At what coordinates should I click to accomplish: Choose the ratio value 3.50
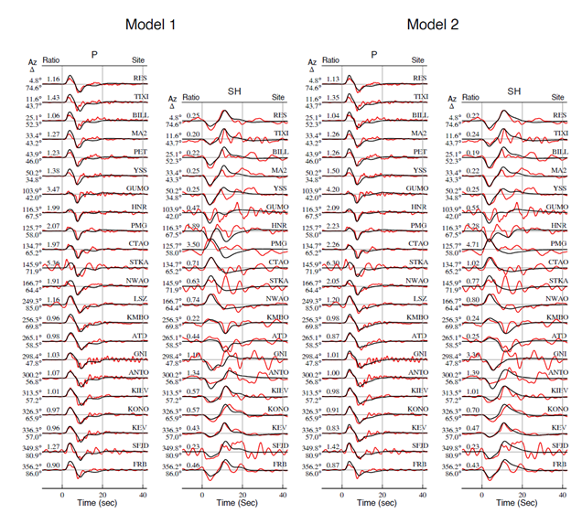tap(190, 245)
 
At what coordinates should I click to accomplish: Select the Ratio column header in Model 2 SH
tap(471, 96)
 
